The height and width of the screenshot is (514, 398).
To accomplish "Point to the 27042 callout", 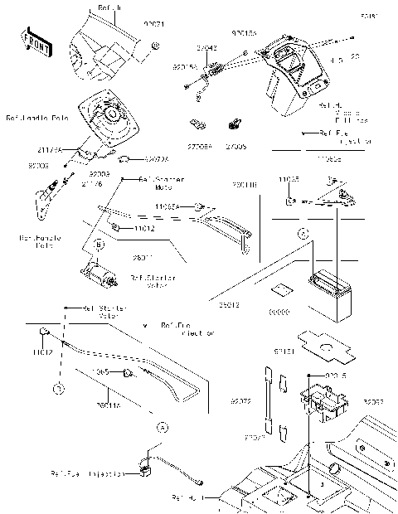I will click(x=207, y=49).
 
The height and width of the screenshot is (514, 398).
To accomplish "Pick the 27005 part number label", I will click(x=235, y=145).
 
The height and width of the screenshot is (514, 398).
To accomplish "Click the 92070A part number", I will click(x=155, y=158).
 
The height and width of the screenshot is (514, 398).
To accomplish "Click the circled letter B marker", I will click(x=99, y=245).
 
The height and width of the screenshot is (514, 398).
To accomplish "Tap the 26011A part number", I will click(x=108, y=405).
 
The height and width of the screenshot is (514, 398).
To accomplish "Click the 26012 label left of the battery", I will click(x=230, y=306).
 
